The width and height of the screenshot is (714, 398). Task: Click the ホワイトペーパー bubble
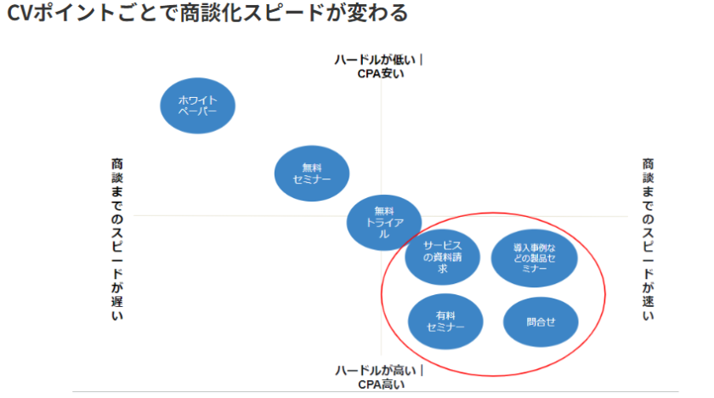(197, 106)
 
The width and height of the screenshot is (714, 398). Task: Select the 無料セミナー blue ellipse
(312, 173)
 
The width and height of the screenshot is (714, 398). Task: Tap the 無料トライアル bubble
(384, 222)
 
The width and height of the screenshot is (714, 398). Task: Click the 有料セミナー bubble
(445, 321)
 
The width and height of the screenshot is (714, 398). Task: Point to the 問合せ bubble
(541, 321)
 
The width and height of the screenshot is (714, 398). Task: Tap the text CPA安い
(380, 73)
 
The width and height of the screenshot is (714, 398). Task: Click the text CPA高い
(380, 384)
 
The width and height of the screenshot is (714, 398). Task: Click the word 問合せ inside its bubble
(541, 321)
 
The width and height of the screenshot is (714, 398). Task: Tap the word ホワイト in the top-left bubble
(197, 100)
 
